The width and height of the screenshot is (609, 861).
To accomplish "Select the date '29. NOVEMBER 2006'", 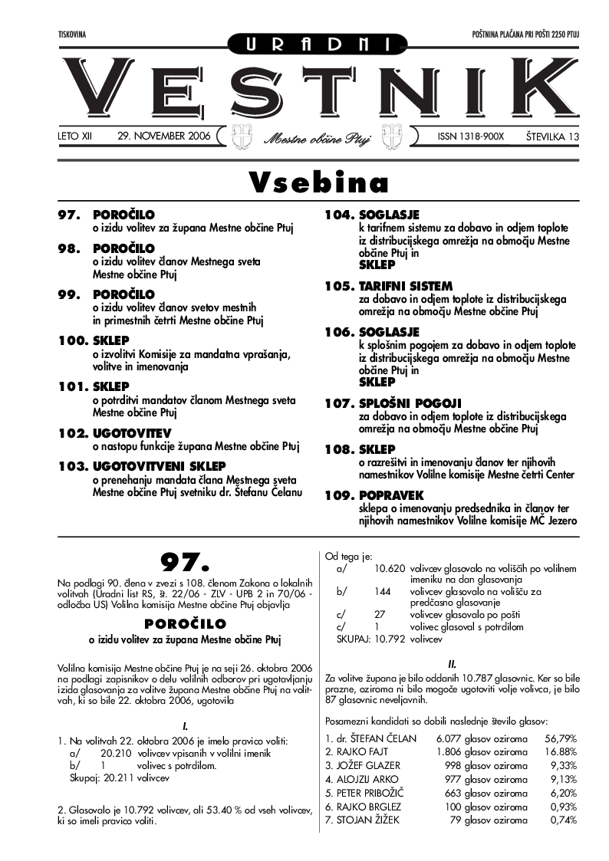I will pos(163,136).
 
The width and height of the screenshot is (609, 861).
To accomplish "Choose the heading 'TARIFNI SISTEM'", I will pos(405,286).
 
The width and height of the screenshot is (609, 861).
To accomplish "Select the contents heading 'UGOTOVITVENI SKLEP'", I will pos(159,465).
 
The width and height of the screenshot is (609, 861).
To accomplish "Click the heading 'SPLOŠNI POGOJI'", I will pos(405,403).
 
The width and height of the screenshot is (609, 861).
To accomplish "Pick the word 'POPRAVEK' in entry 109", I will pos(391,496).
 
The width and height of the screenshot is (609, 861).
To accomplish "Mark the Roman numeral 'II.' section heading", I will pos(452,664).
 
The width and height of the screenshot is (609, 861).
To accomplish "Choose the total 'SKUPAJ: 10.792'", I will pos(374,638).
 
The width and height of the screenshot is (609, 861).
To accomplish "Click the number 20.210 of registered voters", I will pos(115,754).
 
